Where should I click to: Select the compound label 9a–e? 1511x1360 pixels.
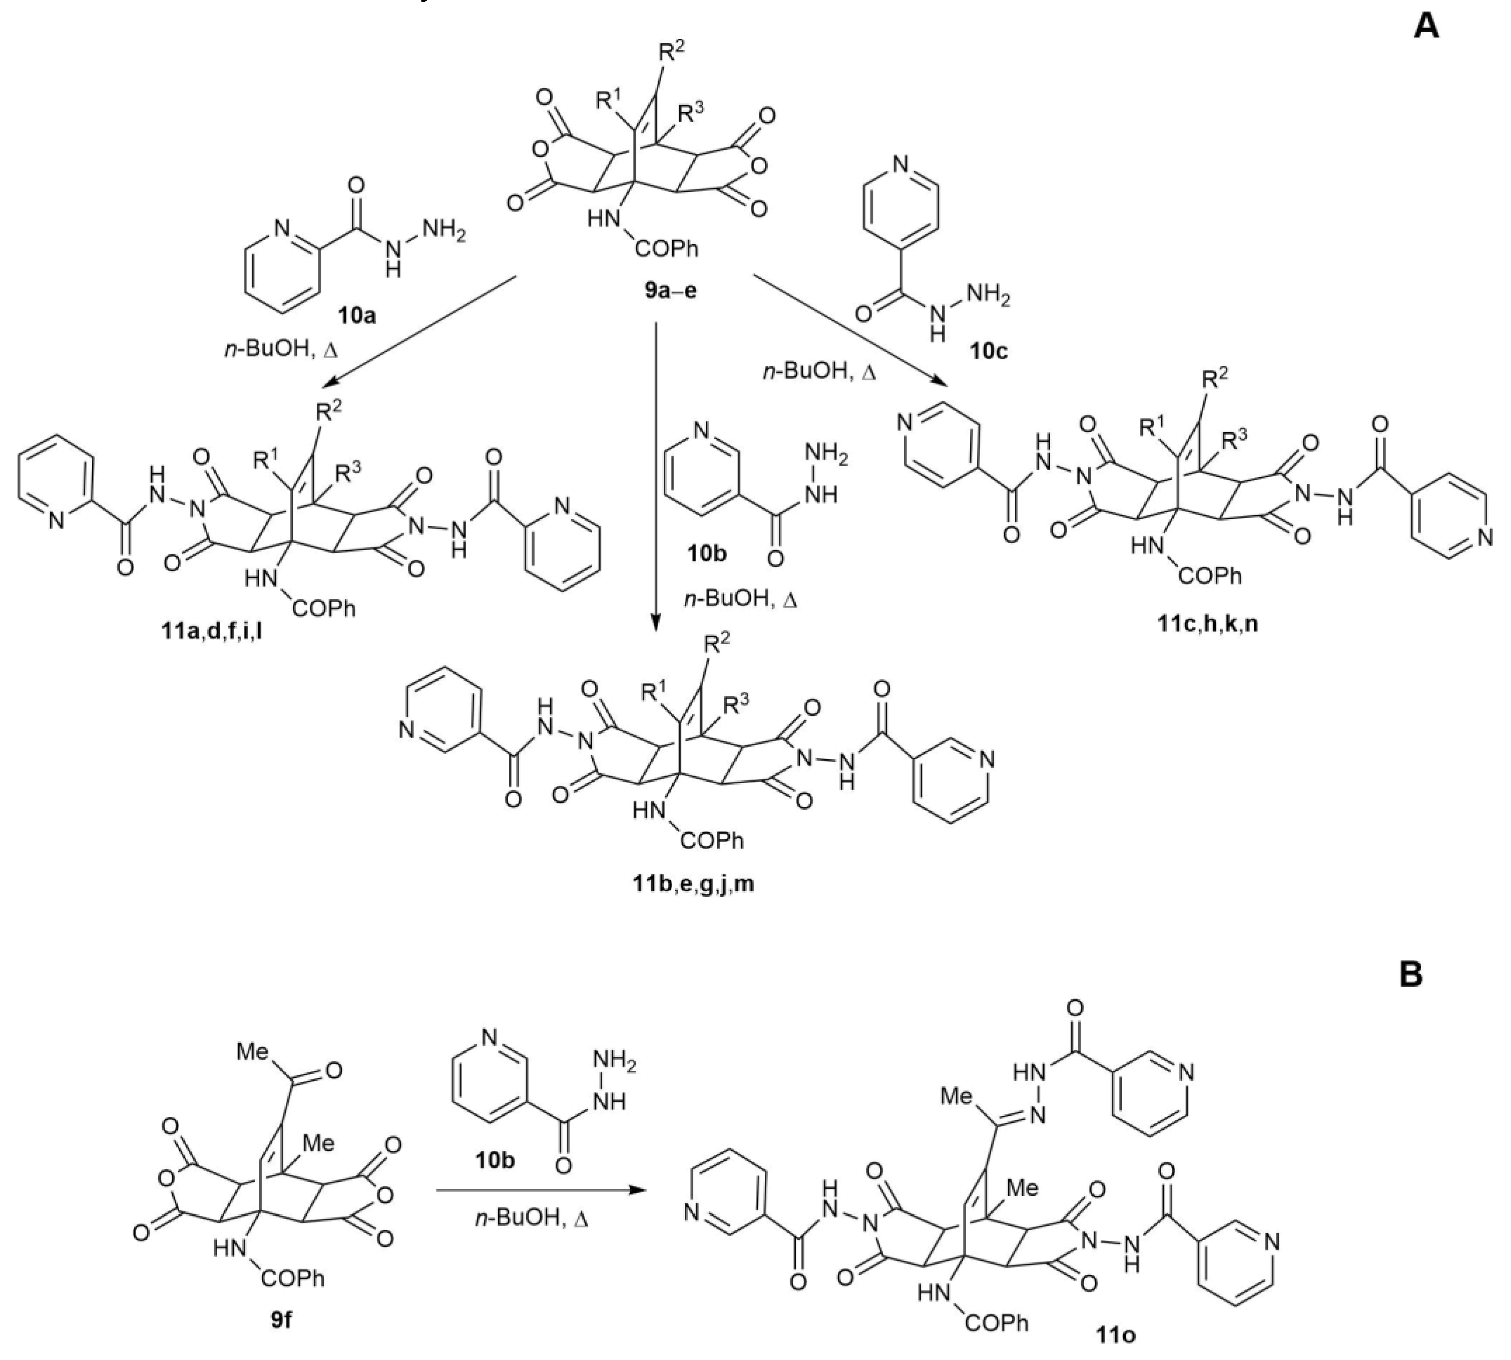coord(670,290)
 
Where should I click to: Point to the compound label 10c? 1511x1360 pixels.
coord(988,350)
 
